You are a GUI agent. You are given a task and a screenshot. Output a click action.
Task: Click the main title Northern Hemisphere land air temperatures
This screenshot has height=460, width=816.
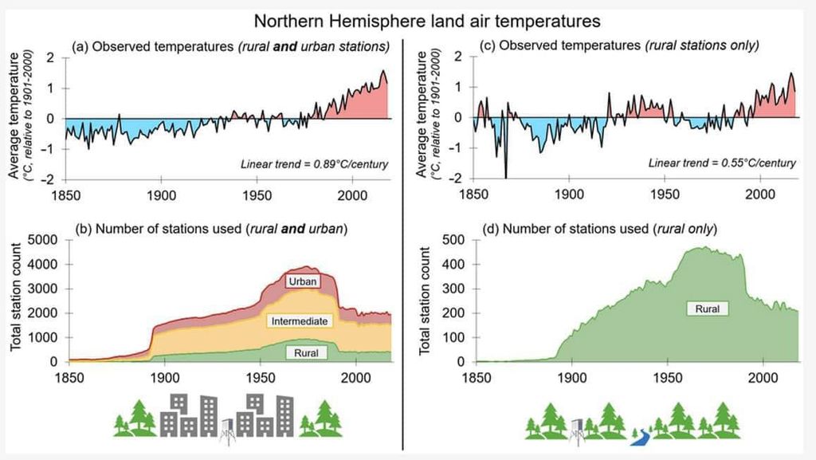(x=426, y=18)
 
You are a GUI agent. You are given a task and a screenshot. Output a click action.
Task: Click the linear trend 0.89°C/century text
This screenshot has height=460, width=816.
(x=314, y=164)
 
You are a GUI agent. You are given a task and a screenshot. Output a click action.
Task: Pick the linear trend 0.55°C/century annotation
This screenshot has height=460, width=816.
(x=721, y=163)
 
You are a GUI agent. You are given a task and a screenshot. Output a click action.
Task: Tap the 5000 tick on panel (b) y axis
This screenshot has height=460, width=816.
(x=42, y=240)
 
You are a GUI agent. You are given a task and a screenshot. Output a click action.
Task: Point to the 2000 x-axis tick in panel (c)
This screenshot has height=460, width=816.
(x=759, y=195)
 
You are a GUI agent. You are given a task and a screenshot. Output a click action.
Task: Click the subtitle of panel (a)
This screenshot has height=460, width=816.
(x=230, y=46)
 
